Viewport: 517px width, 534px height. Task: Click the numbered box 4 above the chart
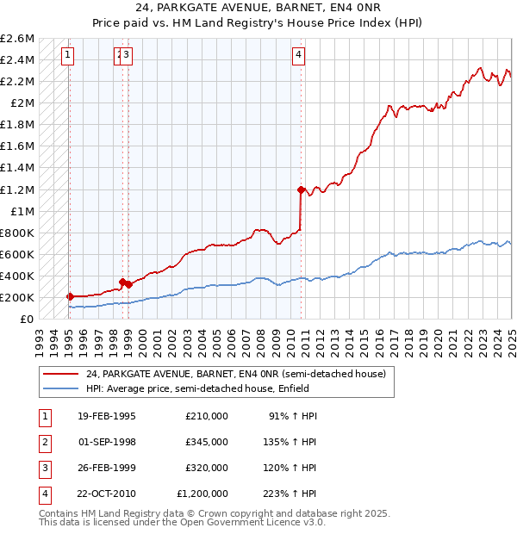pyautogui.click(x=298, y=56)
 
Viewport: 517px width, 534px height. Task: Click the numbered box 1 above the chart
pyautogui.click(x=67, y=56)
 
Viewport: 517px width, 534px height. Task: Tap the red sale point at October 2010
pyautogui.click(x=301, y=189)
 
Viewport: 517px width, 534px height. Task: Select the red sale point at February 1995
pyautogui.click(x=70, y=296)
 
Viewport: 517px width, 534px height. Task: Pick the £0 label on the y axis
pyautogui.click(x=28, y=319)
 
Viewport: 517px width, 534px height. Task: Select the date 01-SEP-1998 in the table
pyautogui.click(x=107, y=442)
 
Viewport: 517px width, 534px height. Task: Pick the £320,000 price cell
pyautogui.click(x=207, y=468)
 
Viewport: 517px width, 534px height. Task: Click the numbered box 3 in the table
pyautogui.click(x=44, y=468)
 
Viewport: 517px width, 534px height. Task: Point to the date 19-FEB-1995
pyautogui.click(x=107, y=416)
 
